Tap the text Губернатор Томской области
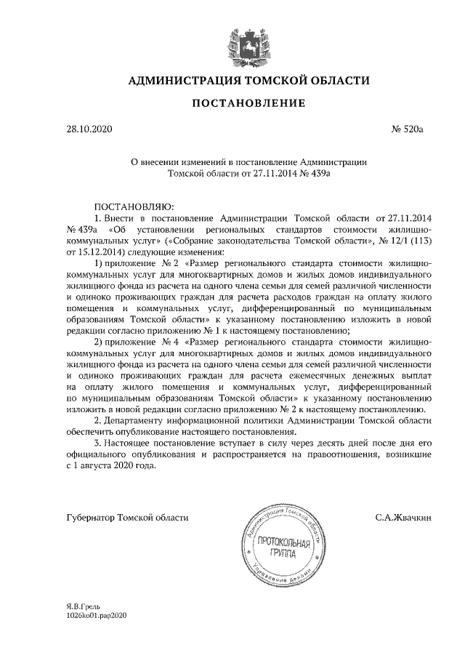126,518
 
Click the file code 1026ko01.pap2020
96,614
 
